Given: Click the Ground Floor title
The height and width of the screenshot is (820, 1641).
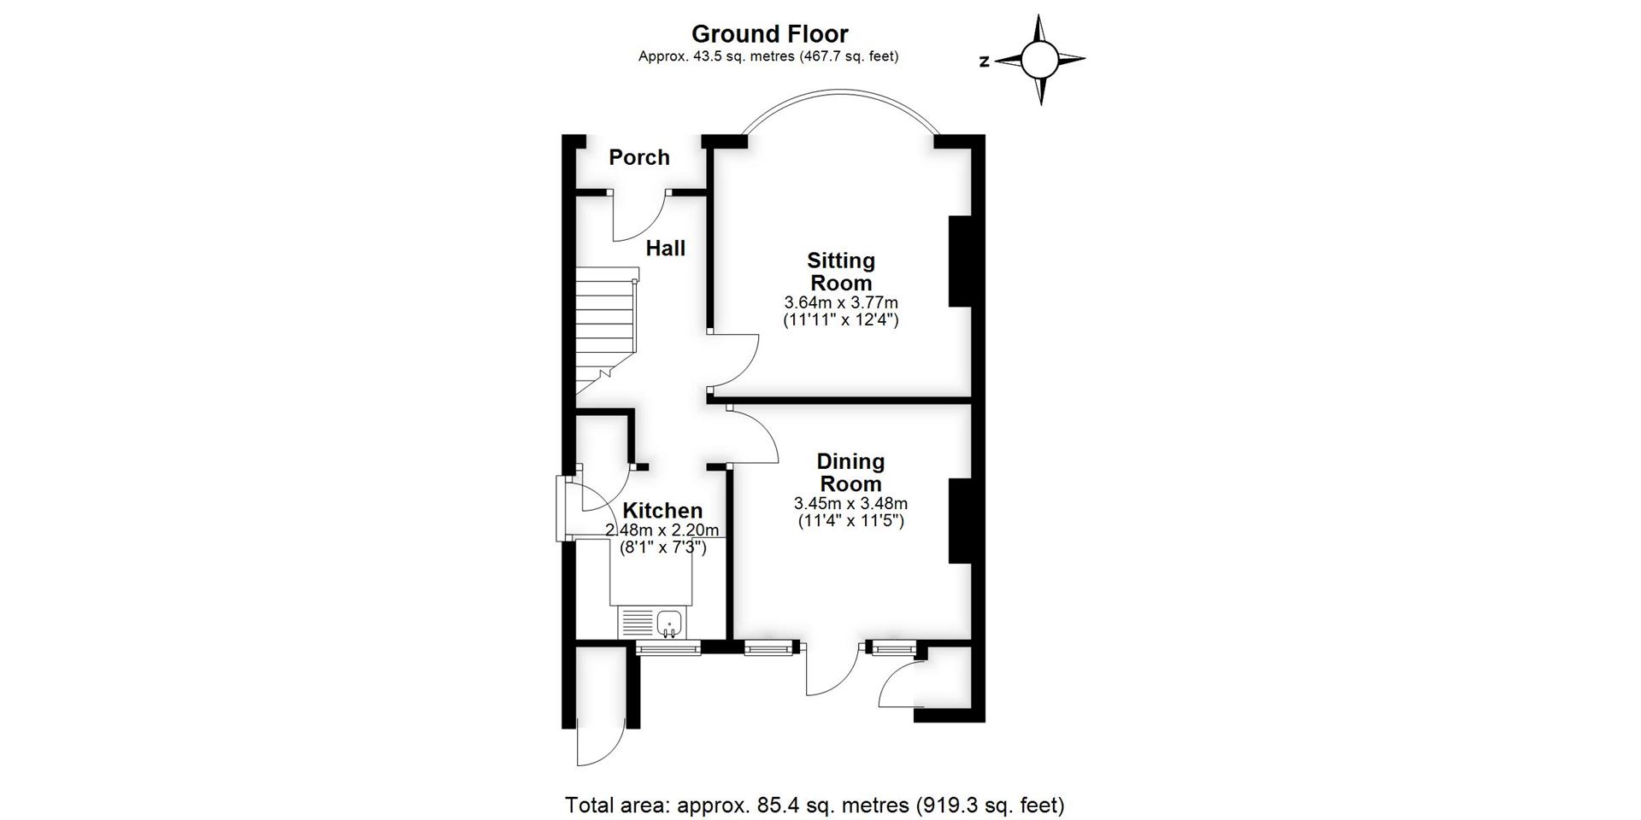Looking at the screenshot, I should pos(769,34).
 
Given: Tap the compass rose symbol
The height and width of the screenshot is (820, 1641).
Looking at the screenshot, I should pos(1040,60).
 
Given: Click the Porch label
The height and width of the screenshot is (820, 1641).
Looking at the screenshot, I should pos(639,157).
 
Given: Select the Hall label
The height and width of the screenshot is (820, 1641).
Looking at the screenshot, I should pos(665,249).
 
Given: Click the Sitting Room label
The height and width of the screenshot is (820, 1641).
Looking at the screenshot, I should pos(841,272).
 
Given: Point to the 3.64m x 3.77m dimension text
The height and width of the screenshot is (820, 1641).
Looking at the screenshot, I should pos(841,302).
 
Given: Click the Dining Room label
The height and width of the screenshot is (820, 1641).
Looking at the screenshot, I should pos(850,472).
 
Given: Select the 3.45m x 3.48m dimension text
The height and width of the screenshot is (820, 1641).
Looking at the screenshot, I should pos(850,503).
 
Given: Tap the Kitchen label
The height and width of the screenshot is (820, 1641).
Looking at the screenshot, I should pos(662,511).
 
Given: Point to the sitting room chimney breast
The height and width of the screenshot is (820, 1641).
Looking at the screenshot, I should pos(961,261).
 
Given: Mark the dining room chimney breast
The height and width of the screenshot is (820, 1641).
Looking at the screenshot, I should pos(961,521).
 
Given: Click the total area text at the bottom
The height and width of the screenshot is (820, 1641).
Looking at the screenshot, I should pos(815,805).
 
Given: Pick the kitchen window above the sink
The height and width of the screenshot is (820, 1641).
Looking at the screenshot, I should pos(668,649).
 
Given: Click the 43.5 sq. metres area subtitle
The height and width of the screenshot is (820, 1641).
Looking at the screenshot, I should pos(768,56).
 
